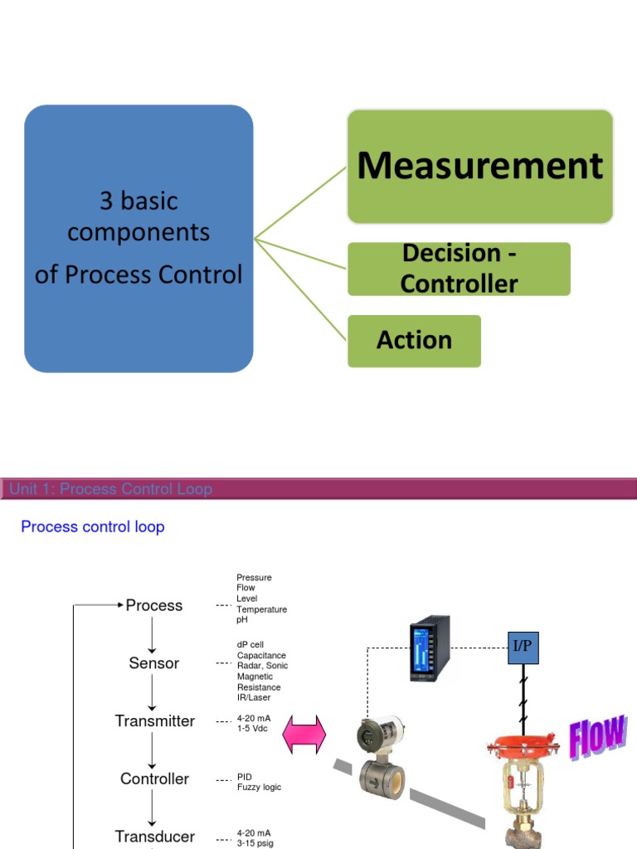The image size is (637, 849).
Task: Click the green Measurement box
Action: click(x=479, y=166)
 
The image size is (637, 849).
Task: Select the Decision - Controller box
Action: click(x=459, y=269)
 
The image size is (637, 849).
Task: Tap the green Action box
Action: click(x=414, y=340)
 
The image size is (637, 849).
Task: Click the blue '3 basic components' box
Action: click(x=139, y=238)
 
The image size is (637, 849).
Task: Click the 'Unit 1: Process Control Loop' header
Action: click(x=110, y=489)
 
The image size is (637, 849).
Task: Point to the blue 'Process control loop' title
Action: click(x=92, y=526)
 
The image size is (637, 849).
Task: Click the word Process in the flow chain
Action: click(x=154, y=605)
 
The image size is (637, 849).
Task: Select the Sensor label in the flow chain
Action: click(x=154, y=663)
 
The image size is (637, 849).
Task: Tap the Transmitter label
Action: click(x=154, y=721)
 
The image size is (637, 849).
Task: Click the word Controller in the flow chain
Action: click(x=154, y=779)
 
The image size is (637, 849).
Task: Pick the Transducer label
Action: click(x=154, y=837)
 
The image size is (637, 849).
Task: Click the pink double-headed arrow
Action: click(x=304, y=736)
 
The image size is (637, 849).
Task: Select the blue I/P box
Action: click(x=523, y=646)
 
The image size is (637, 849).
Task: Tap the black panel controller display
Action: click(x=429, y=648)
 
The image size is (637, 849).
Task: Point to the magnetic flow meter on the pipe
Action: click(x=381, y=759)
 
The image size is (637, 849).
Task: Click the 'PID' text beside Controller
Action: click(x=246, y=777)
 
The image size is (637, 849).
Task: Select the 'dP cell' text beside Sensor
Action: click(x=250, y=644)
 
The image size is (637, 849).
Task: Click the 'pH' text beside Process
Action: click(x=241, y=620)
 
